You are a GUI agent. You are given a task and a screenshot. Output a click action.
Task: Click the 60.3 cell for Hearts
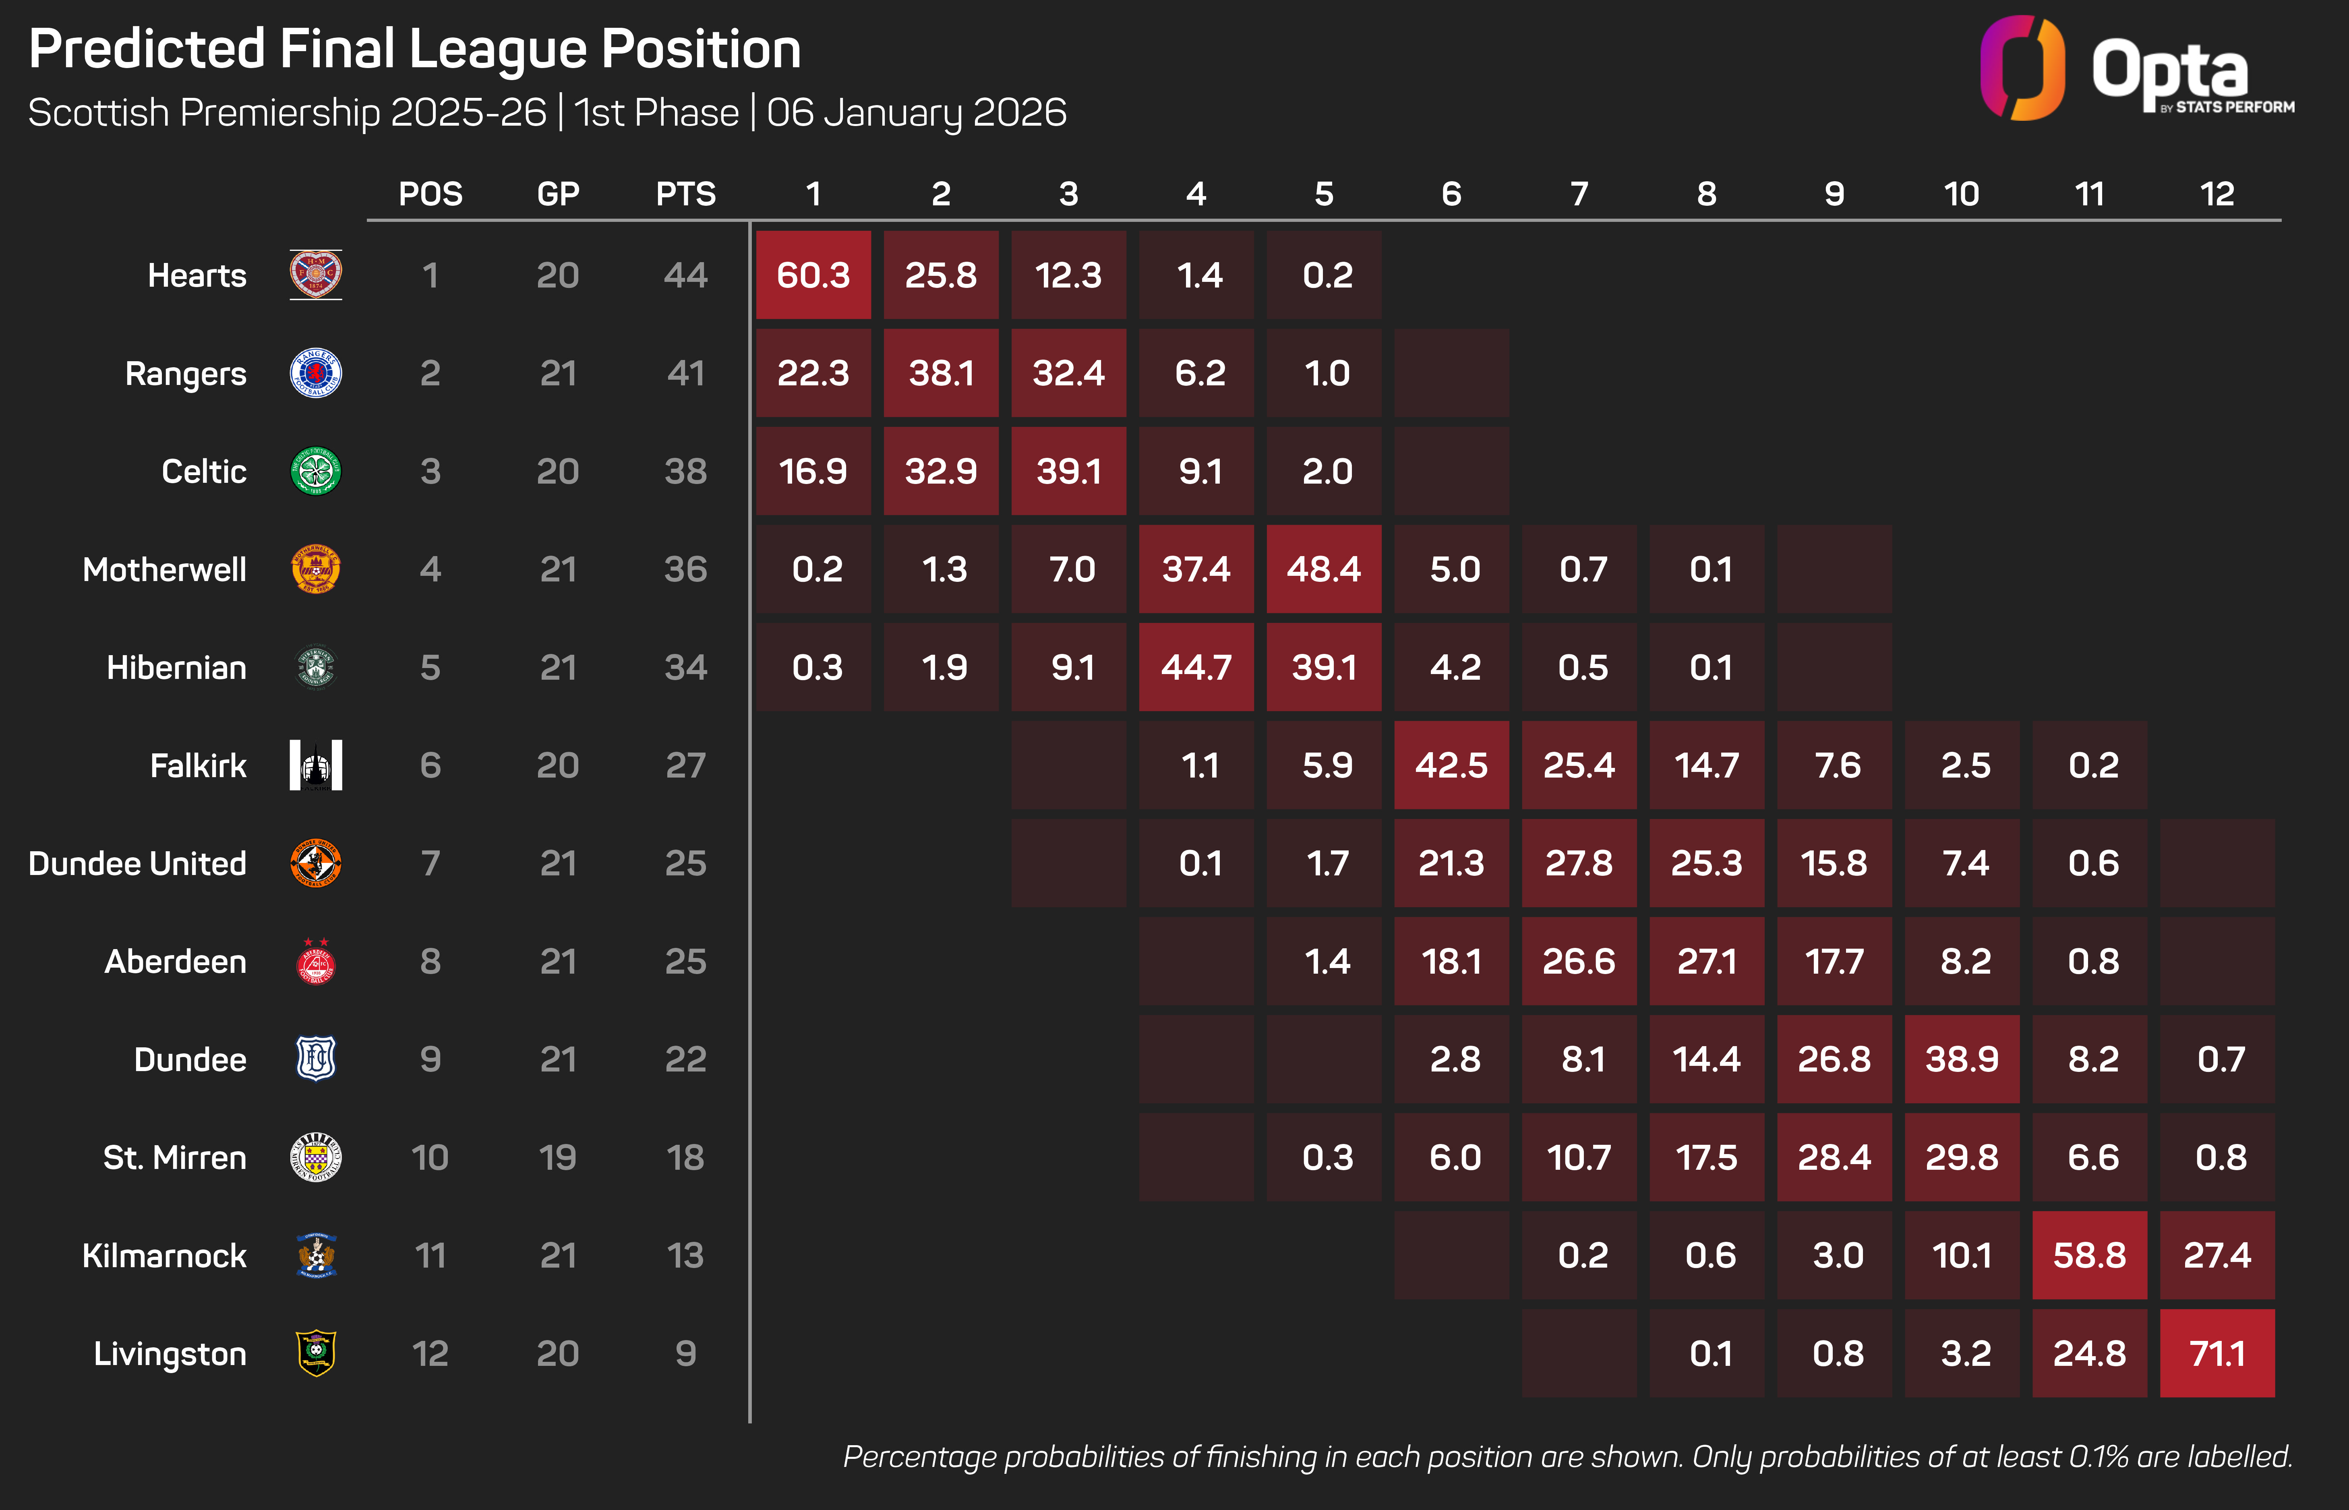click(x=813, y=275)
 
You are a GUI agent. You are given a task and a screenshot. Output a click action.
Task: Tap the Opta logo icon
click(x=2022, y=68)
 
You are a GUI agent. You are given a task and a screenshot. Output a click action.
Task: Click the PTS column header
click(x=685, y=194)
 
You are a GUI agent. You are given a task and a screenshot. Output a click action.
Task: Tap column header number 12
click(x=2217, y=194)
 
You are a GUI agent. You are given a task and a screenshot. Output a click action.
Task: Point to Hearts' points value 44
click(x=685, y=275)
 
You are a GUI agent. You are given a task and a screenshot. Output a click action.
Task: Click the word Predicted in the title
click(x=147, y=49)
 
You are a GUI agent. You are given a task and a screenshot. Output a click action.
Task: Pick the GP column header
click(x=558, y=194)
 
